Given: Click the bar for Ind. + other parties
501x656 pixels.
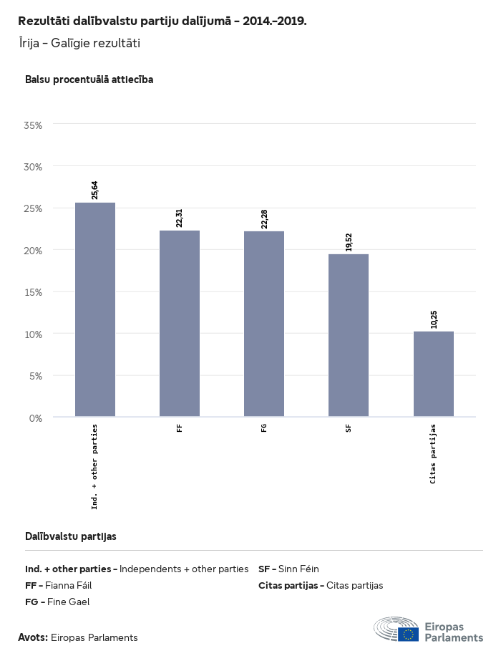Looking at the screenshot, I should coord(95,309).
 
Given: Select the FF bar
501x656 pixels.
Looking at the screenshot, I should coord(180,323).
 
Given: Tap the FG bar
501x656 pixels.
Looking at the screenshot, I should coord(264,324).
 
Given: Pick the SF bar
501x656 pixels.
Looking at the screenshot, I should coord(349,335).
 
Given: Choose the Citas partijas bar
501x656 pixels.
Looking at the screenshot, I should coord(434,374).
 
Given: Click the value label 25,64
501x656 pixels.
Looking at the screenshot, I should coord(95,190).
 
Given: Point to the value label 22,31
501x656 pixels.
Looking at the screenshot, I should coord(180,218).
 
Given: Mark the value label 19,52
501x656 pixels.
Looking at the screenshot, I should coord(349,241).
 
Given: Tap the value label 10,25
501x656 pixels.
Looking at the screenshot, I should coord(434,319).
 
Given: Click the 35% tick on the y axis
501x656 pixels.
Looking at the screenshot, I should coord(34,125).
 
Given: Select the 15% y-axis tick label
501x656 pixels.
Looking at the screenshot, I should coord(34,292).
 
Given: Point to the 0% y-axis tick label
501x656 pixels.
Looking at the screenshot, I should coord(36,418).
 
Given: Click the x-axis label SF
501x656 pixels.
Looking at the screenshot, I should coord(349,429).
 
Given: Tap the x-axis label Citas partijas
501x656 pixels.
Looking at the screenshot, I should coord(434,454).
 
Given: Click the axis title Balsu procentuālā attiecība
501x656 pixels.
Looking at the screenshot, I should coord(89,79).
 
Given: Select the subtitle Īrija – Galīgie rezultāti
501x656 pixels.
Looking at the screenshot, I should coord(79,44).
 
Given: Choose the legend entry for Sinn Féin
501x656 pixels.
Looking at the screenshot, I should coord(288,569).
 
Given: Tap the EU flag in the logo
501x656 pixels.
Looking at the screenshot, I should coord(409,634).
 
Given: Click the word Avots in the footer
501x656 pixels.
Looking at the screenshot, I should coord(33,637).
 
